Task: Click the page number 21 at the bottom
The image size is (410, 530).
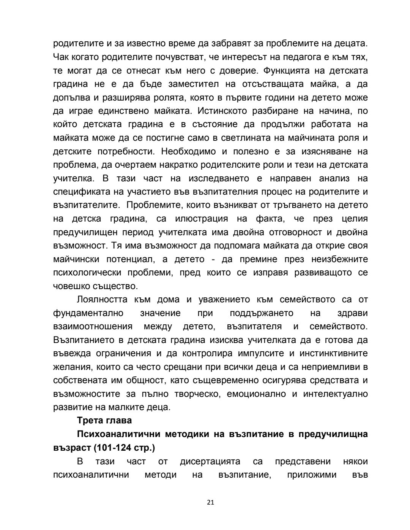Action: point(211,502)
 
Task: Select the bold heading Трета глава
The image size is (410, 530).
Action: point(104,420)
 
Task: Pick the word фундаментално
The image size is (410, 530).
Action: point(88,313)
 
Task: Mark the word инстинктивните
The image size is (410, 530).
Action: point(334,353)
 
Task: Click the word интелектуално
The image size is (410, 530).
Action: point(336,394)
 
